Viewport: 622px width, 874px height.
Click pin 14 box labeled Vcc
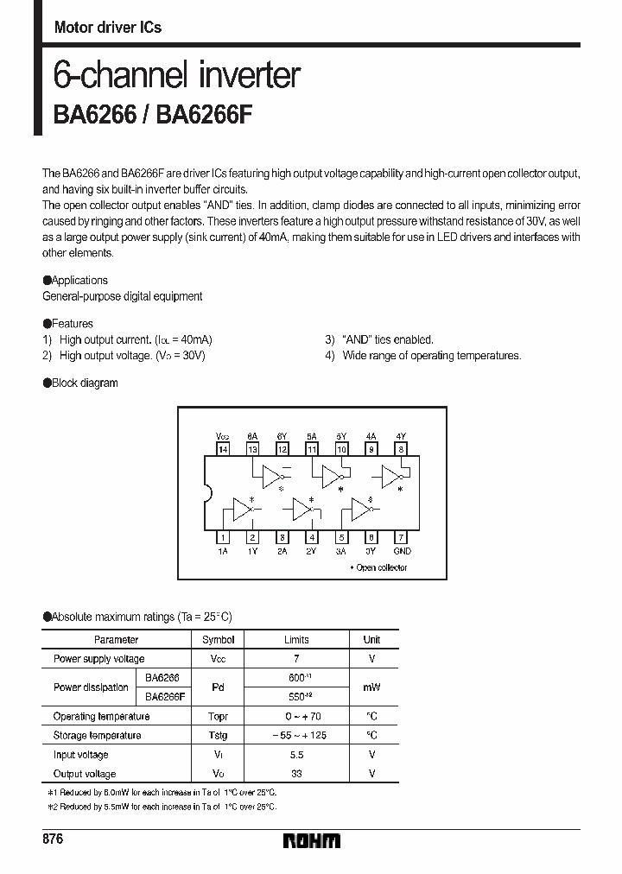click(224, 449)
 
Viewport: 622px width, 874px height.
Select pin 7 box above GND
click(401, 536)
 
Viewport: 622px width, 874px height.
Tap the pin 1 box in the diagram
click(224, 536)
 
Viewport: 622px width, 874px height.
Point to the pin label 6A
click(252, 437)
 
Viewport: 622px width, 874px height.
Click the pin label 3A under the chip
click(341, 550)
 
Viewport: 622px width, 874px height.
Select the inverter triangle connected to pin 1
click(241, 510)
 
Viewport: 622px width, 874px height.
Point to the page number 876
click(53, 839)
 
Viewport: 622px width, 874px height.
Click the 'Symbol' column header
click(218, 640)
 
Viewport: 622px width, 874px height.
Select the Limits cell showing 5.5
click(296, 755)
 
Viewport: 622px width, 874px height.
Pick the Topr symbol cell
click(218, 717)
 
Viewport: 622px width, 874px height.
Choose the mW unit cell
click(371, 687)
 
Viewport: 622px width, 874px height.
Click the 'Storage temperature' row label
click(97, 736)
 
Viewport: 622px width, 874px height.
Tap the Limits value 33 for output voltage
click(296, 774)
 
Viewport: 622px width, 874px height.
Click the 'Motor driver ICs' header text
click(108, 28)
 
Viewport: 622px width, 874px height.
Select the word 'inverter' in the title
click(247, 76)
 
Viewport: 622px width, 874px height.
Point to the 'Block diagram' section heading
click(84, 383)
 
